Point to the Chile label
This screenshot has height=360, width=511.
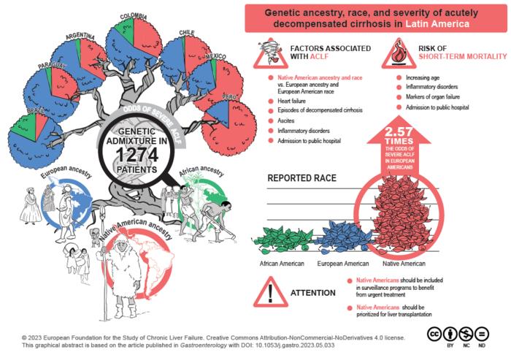(186, 33)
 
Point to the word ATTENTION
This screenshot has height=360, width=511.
(313, 293)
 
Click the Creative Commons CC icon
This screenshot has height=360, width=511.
(435, 333)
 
